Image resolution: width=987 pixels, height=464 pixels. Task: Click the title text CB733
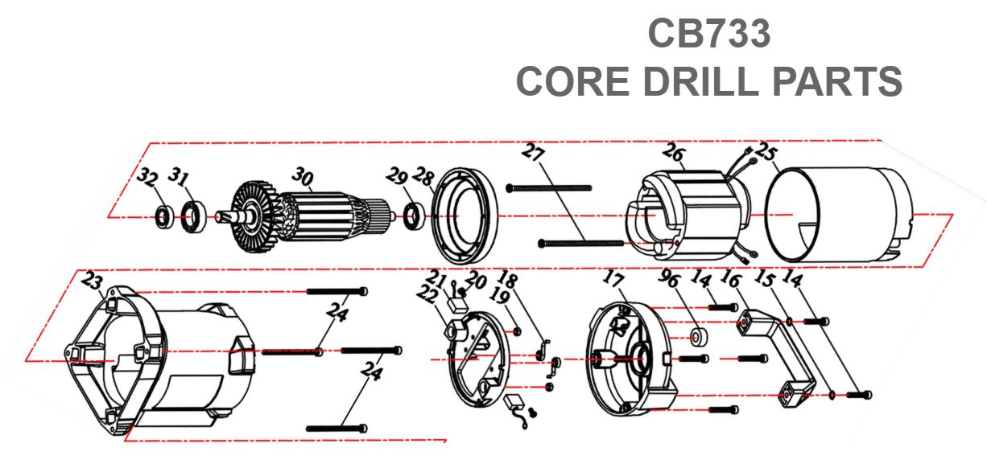click(709, 35)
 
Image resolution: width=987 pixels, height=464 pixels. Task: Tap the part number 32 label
click(146, 176)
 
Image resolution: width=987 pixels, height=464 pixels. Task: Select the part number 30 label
click(302, 175)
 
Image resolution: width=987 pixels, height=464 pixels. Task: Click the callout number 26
click(675, 152)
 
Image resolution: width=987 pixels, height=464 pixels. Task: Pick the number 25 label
click(766, 153)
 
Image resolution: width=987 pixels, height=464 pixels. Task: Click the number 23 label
click(93, 281)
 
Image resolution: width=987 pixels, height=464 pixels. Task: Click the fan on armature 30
click(252, 211)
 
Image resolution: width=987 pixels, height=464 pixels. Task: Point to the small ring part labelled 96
click(696, 334)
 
